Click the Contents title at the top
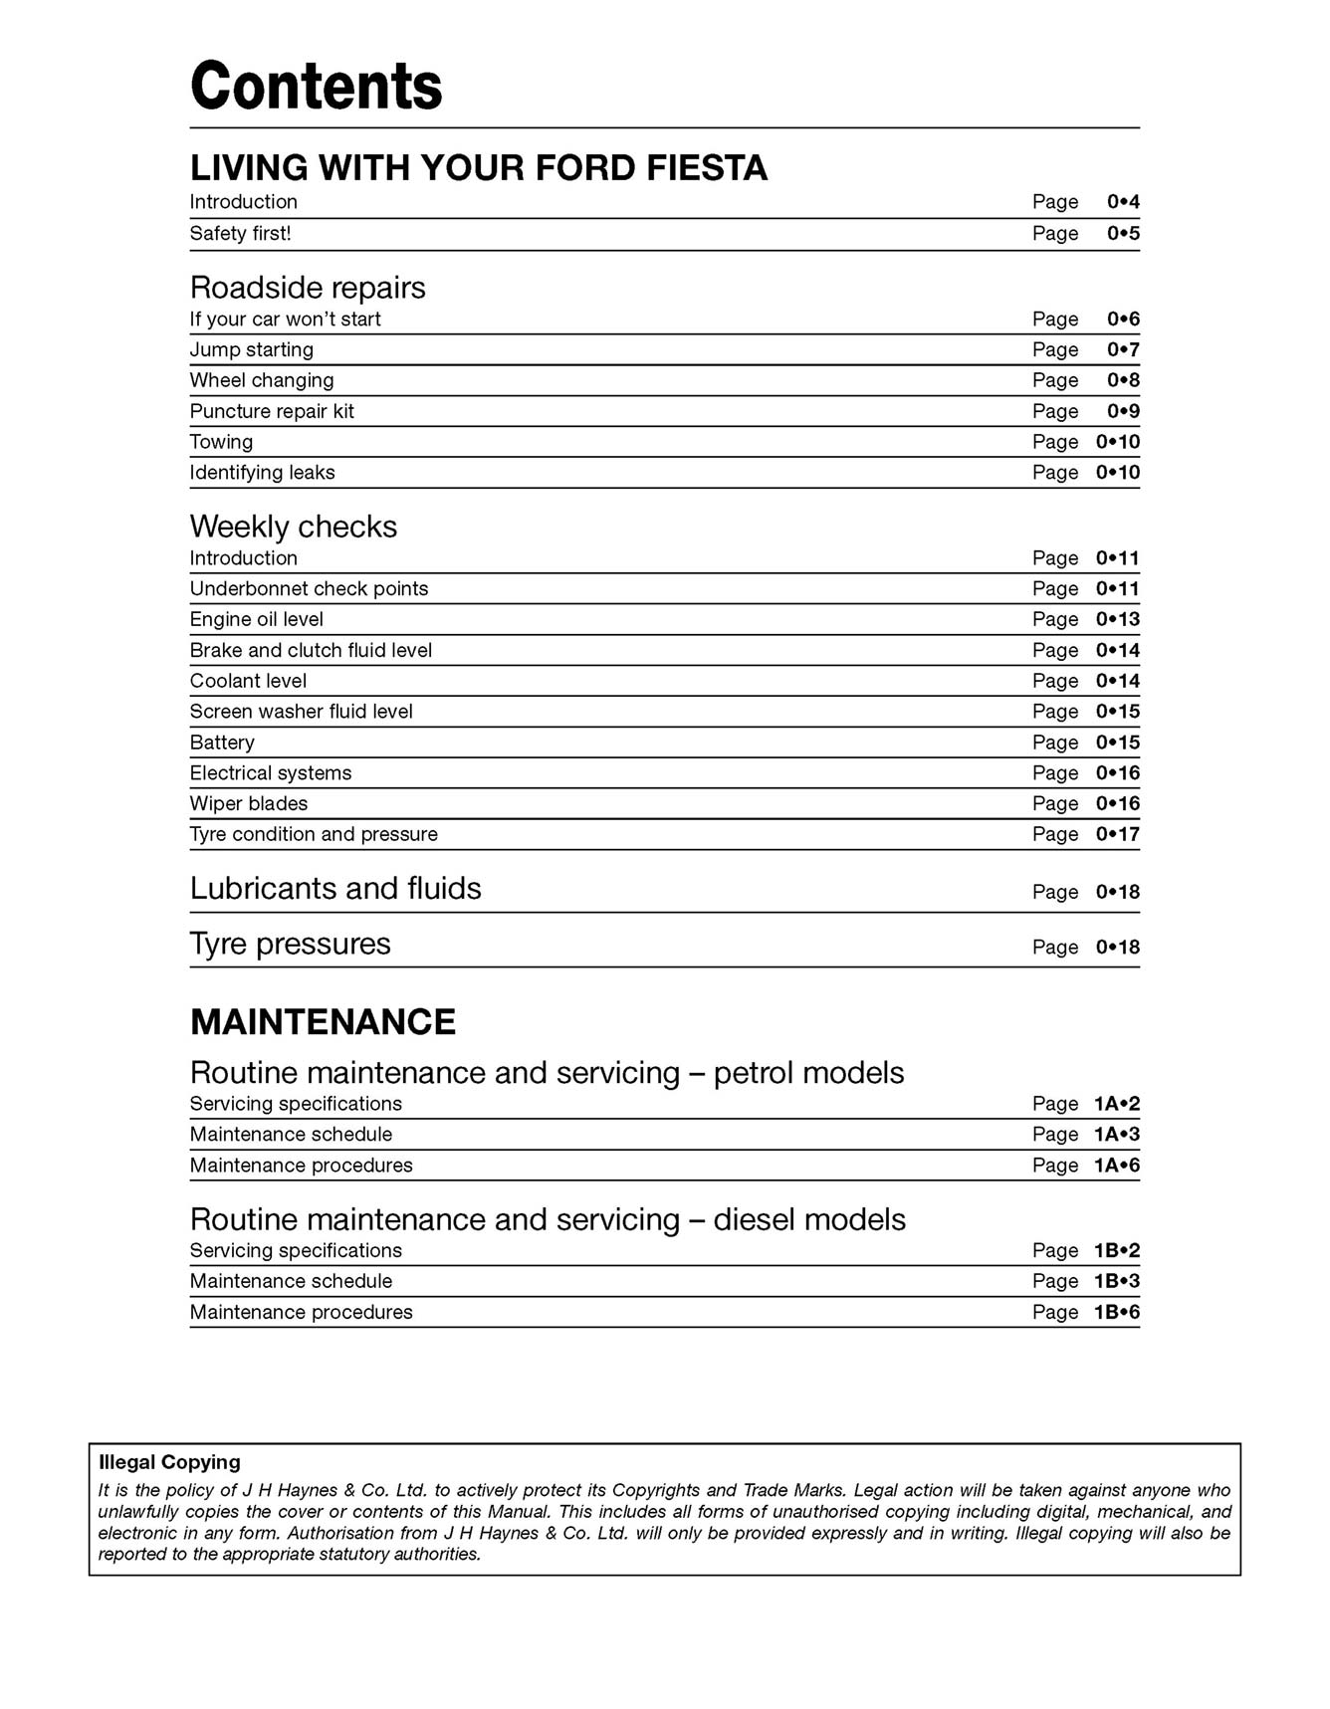click(x=316, y=86)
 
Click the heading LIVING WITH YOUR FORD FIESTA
click(x=478, y=167)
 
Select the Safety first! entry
click(x=240, y=234)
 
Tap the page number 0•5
click(x=1123, y=234)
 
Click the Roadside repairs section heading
click(x=307, y=288)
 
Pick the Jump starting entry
click(x=251, y=350)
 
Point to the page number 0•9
click(x=1123, y=412)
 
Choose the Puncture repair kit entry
click(x=271, y=412)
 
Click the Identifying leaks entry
click(x=262, y=473)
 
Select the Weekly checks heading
click(x=293, y=527)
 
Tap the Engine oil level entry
click(x=256, y=620)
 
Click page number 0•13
click(x=1117, y=620)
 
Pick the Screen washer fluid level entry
click(x=301, y=712)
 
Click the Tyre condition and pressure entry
click(x=313, y=835)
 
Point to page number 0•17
click(x=1117, y=835)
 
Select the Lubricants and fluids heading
click(x=334, y=889)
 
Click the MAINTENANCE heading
click(x=323, y=1022)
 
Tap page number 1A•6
click(x=1116, y=1166)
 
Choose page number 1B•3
click(x=1116, y=1282)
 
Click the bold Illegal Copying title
click(x=169, y=1462)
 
